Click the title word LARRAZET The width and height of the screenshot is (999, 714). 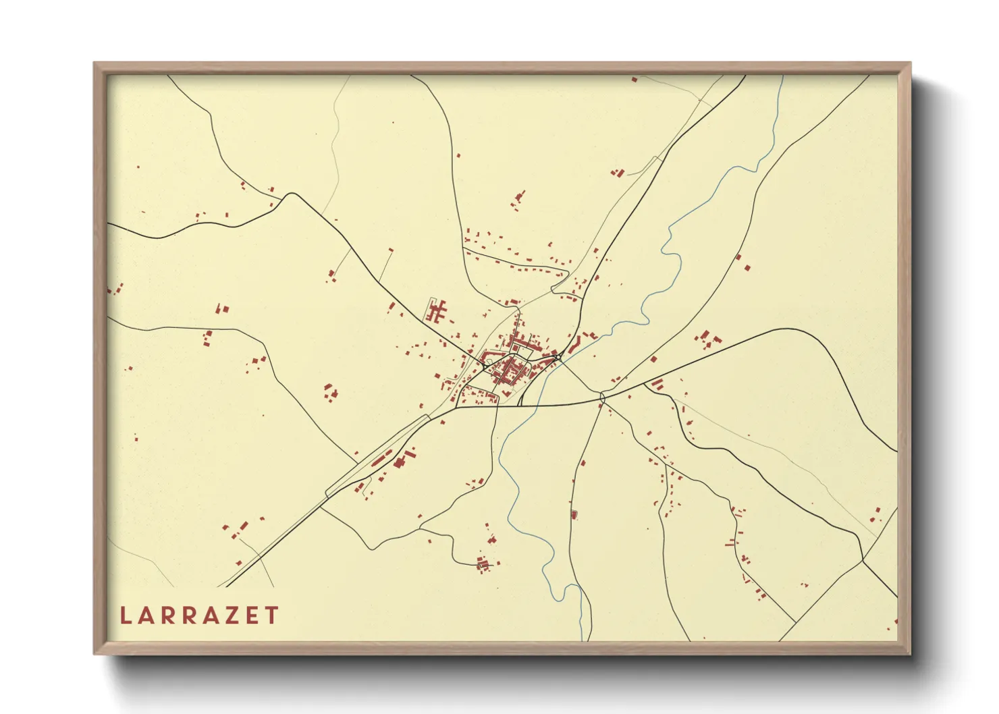pos(199,615)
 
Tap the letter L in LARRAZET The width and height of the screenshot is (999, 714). pos(125,615)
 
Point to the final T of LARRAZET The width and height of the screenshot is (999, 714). pos(272,615)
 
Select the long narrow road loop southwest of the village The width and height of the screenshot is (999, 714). pos(378,456)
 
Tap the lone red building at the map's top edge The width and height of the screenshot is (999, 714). pos(634,80)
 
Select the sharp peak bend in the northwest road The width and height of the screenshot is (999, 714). pos(291,194)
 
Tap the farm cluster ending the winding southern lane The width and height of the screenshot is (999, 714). pos(483,564)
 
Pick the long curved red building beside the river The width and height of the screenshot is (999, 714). pos(574,345)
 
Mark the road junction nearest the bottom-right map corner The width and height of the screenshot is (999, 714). pos(863,559)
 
